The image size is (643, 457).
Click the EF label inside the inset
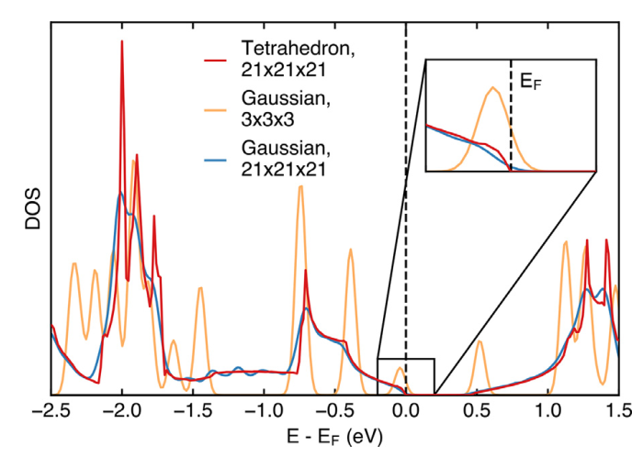pyautogui.click(x=531, y=82)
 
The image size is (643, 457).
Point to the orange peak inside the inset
pyautogui.click(x=494, y=88)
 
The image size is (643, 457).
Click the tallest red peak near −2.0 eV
pyautogui.click(x=121, y=42)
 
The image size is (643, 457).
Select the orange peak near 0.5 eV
pyautogui.click(x=478, y=342)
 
